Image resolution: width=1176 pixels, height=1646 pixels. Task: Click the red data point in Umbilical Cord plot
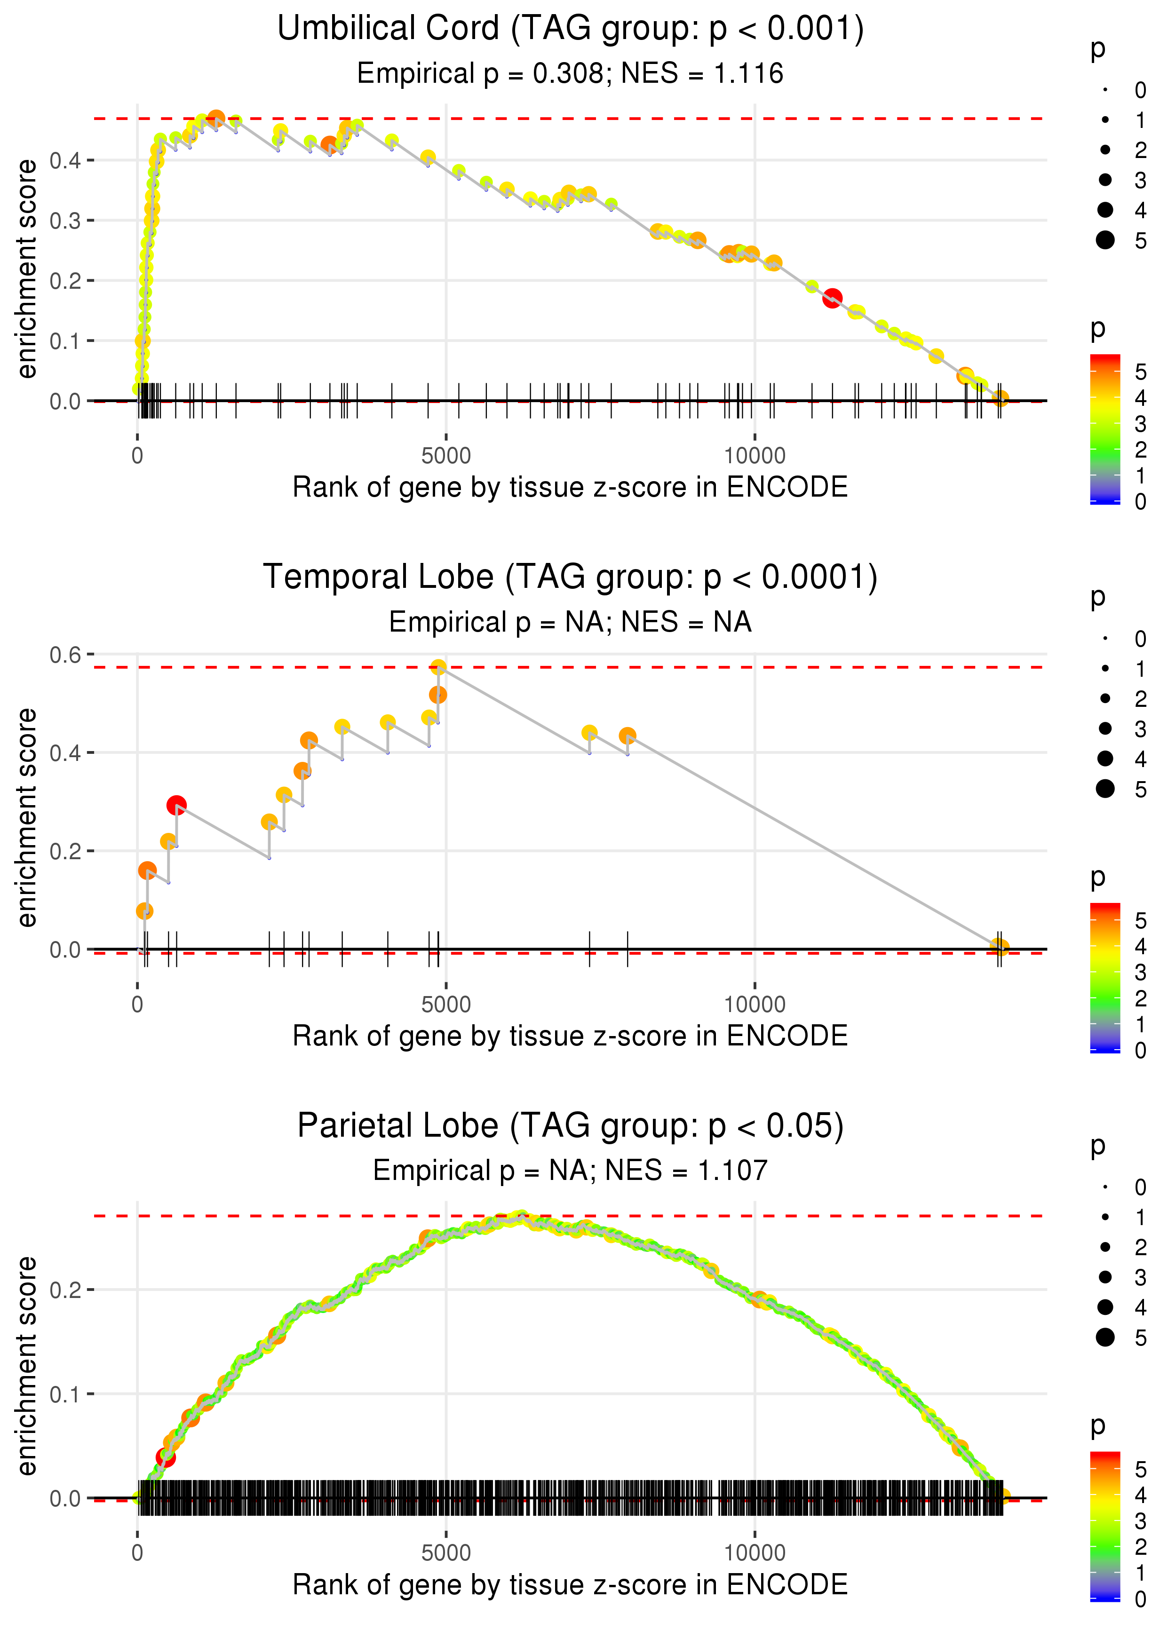[x=832, y=298]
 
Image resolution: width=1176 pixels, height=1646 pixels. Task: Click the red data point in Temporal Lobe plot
[x=176, y=805]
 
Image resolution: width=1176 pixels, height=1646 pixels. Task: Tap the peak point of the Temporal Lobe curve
[x=438, y=667]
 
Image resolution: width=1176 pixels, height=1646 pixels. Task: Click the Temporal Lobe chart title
[x=570, y=578]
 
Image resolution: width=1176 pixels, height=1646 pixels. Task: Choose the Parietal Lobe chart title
[x=570, y=1126]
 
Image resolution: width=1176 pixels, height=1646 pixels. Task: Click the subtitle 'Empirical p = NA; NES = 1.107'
[x=570, y=1171]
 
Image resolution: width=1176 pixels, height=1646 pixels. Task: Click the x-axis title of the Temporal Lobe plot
[x=570, y=1036]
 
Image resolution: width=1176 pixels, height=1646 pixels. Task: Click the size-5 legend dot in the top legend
[x=1105, y=239]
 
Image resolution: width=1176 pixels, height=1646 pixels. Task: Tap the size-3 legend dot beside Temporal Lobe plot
[x=1105, y=728]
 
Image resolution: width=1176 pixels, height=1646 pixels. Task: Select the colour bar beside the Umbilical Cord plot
[x=1105, y=428]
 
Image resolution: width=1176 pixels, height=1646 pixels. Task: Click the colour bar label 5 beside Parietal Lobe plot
[x=1141, y=1469]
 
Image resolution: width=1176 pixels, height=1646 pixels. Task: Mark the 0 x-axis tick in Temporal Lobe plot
[x=137, y=1004]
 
